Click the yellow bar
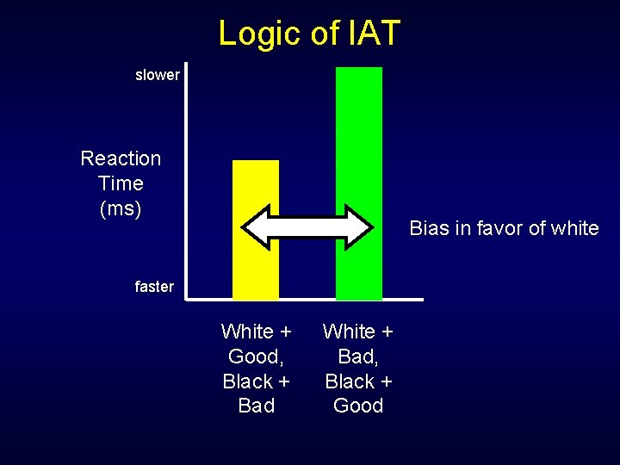pyautogui.click(x=256, y=185)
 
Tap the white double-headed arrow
pyautogui.click(x=307, y=227)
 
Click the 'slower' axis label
pyautogui.click(x=158, y=75)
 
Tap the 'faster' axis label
pyautogui.click(x=154, y=287)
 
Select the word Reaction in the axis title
pyautogui.click(x=121, y=158)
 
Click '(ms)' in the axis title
pyautogui.click(x=121, y=208)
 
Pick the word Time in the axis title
pyautogui.click(x=121, y=183)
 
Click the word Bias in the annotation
pyautogui.click(x=428, y=228)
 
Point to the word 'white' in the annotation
pyautogui.click(x=573, y=228)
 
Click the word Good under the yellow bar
pyautogui.click(x=253, y=356)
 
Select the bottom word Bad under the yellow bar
pyautogui.click(x=256, y=406)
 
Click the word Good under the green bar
pyautogui.click(x=358, y=406)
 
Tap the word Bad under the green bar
pyautogui.click(x=356, y=356)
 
